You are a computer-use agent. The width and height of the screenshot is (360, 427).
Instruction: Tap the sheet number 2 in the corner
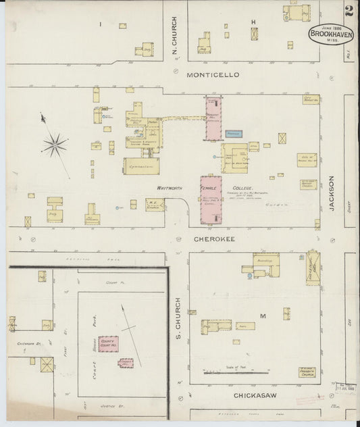(349, 11)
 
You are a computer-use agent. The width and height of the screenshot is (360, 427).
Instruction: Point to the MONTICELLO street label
(213, 74)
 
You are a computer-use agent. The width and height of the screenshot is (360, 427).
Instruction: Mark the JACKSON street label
(332, 192)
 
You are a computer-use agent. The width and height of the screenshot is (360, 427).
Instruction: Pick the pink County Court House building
(108, 344)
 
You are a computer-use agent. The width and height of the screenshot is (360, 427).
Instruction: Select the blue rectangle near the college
(234, 134)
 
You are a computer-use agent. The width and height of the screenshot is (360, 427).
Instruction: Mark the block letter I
(100, 24)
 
